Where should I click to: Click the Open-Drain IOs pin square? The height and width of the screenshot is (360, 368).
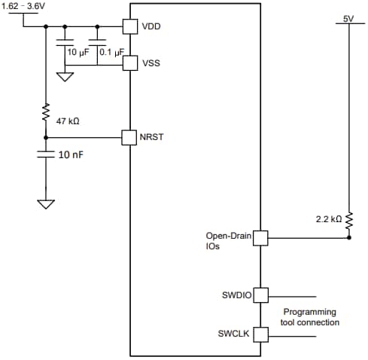click(260, 238)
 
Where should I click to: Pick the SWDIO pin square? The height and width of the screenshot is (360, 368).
click(260, 295)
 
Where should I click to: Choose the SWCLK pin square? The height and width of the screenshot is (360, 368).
click(260, 334)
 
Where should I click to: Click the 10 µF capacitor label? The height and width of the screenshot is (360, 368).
click(78, 52)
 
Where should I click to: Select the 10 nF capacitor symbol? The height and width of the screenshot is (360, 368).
click(46, 154)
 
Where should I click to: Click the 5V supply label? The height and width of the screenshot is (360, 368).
click(348, 17)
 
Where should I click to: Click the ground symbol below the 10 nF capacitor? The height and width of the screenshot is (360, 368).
click(46, 204)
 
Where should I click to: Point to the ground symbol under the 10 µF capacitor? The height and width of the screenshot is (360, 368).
click(65, 75)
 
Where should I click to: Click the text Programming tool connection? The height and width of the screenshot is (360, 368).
click(310, 317)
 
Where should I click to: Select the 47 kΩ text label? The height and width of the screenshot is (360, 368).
click(68, 121)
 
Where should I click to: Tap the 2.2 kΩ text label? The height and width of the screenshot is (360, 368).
click(329, 219)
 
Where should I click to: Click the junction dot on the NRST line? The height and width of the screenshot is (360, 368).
click(46, 137)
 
